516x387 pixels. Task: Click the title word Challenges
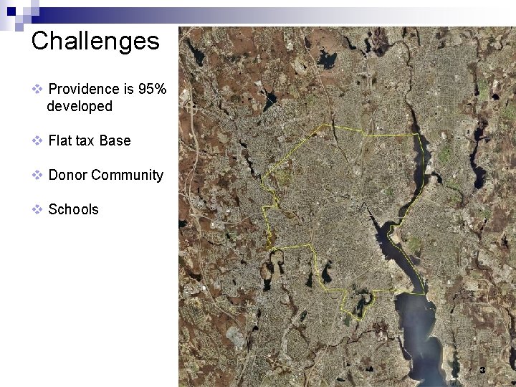pyautogui.click(x=95, y=40)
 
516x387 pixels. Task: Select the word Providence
pyautogui.click(x=84, y=89)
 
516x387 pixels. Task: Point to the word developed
pyautogui.click(x=79, y=106)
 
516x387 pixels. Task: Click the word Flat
pyautogui.click(x=61, y=140)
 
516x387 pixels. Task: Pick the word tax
pyautogui.click(x=86, y=140)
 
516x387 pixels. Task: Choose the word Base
pyautogui.click(x=115, y=140)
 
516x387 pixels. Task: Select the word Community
pyautogui.click(x=127, y=175)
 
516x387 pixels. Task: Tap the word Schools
pyautogui.click(x=73, y=209)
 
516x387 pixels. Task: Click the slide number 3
pyautogui.click(x=482, y=371)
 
